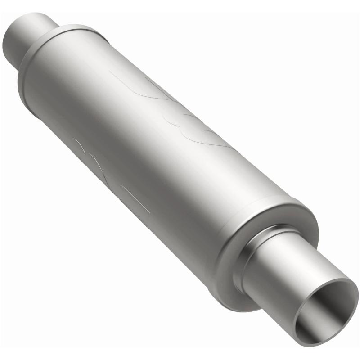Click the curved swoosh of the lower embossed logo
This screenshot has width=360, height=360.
[x=90, y=153]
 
